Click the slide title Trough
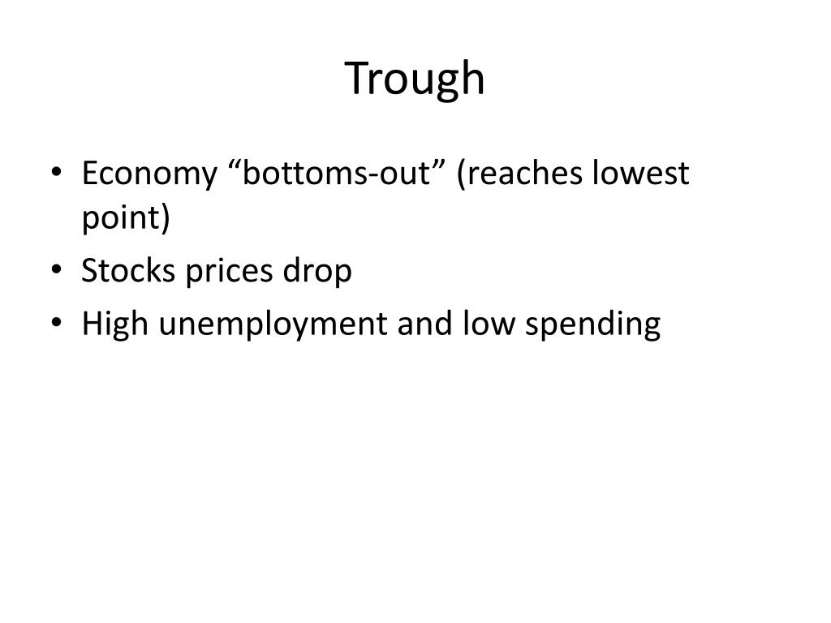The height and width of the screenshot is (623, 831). (x=415, y=79)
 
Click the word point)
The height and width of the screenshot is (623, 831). (x=126, y=220)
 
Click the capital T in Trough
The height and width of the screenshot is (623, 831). (x=357, y=79)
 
